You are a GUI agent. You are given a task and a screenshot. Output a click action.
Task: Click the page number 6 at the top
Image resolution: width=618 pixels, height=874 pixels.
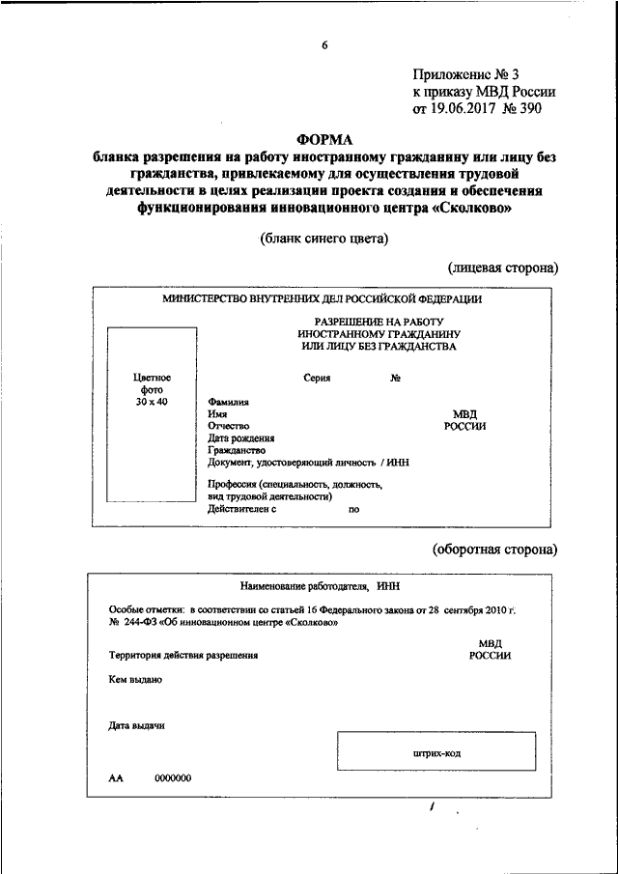click(325, 45)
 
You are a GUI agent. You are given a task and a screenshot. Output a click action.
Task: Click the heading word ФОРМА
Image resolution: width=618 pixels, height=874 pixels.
click(324, 139)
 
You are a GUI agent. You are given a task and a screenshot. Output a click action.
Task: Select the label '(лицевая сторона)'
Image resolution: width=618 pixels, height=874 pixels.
click(502, 267)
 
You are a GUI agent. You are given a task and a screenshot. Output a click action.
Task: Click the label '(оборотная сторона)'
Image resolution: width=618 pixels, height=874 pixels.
click(494, 550)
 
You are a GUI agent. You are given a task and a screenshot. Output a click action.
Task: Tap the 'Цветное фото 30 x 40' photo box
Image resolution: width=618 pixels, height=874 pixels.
click(153, 415)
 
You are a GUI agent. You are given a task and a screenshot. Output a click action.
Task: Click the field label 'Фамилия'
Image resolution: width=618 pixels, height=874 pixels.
click(228, 401)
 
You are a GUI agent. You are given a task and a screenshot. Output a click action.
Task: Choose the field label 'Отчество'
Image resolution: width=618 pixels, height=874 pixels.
click(229, 425)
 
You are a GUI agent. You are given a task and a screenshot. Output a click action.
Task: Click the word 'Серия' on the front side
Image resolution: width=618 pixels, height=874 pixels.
click(316, 378)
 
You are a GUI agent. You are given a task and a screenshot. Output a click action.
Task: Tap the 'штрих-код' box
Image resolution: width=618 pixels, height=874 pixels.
click(435, 753)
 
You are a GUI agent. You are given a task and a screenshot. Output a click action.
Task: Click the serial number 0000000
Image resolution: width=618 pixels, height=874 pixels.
click(173, 778)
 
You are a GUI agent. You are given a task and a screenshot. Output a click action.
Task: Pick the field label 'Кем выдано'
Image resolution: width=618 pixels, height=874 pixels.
click(135, 679)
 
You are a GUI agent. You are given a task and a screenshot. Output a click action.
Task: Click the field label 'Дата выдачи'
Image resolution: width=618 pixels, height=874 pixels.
click(137, 726)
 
